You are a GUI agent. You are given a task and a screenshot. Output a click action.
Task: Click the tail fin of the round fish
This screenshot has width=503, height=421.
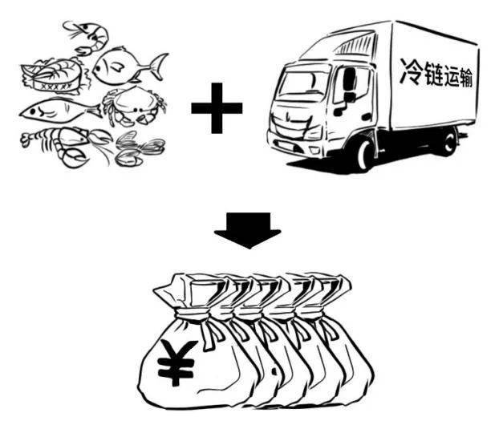point(156,63)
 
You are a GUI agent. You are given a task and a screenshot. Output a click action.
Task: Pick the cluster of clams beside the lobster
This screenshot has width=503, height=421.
point(136,148)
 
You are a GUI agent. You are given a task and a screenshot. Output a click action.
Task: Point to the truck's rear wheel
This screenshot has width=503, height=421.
point(446,143)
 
